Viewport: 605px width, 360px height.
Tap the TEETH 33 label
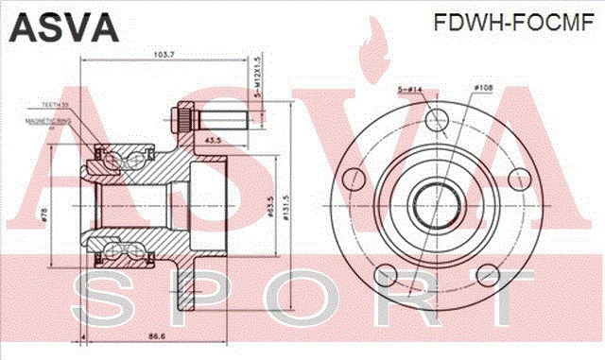56,105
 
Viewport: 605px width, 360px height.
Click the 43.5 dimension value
213,140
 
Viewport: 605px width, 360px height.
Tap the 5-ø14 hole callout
409,90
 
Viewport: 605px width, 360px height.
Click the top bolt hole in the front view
437,118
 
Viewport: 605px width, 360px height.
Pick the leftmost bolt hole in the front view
354,178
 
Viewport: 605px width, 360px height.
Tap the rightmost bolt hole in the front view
518,178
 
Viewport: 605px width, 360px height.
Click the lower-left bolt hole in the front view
386,275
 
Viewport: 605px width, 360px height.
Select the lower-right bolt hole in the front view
488,275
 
